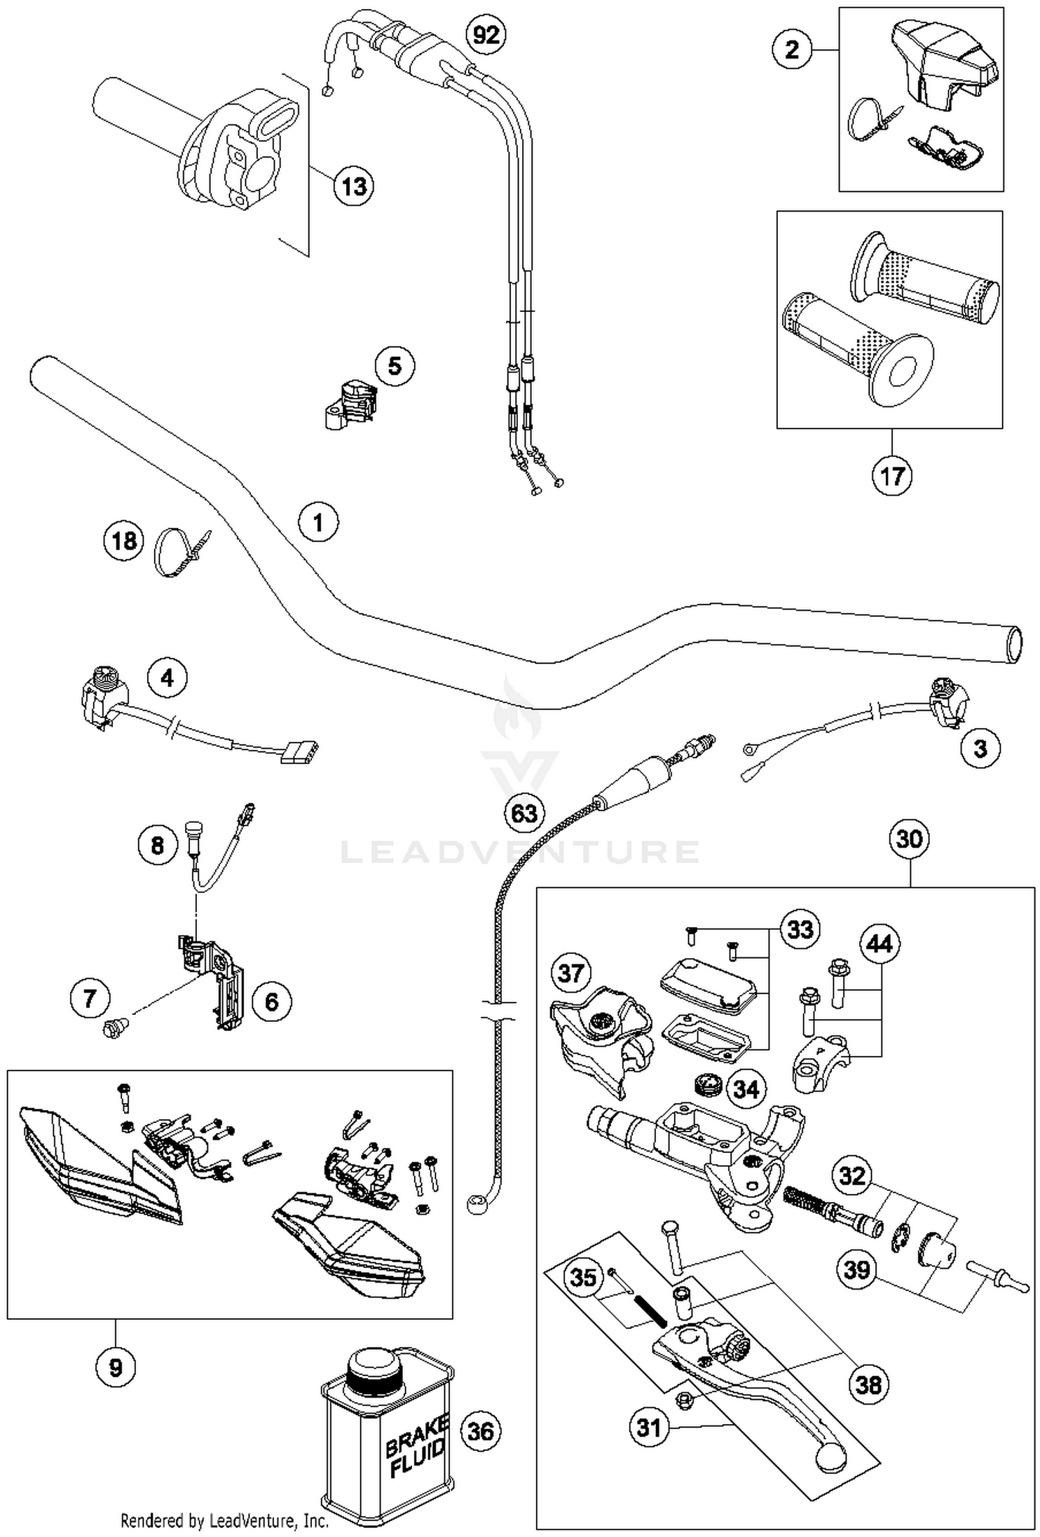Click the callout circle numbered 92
tap(485, 33)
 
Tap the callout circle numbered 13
tap(354, 186)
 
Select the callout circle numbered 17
tap(892, 476)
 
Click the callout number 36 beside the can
tap(480, 1431)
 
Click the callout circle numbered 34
tap(745, 1089)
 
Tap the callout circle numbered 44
tap(880, 944)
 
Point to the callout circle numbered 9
tap(115, 1368)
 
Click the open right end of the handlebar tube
tap(1014, 645)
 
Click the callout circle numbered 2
tap(792, 49)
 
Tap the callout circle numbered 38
tap(868, 1384)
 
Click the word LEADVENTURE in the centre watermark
tap(520, 852)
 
